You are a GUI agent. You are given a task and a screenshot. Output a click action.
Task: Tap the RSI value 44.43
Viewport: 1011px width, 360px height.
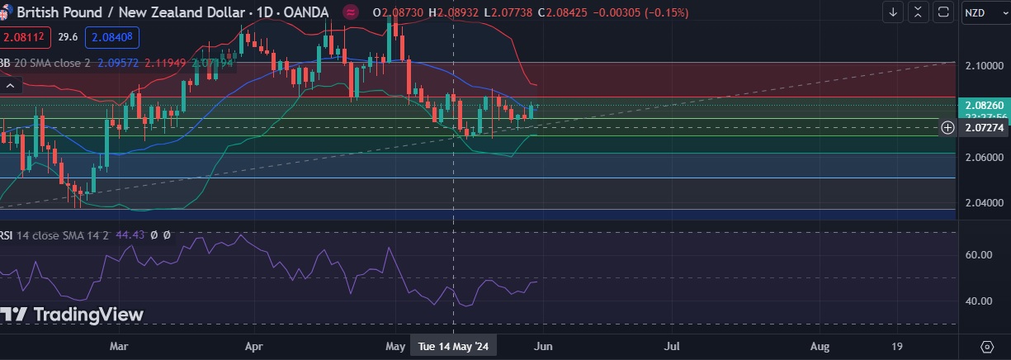click(x=130, y=235)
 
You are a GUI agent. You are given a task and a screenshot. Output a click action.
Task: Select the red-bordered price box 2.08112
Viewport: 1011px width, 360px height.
click(x=26, y=37)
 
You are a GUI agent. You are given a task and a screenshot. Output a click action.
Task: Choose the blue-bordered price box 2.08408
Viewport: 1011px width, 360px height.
click(x=115, y=37)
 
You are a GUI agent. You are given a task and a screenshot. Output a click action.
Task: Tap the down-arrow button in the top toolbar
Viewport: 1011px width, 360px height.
click(x=893, y=12)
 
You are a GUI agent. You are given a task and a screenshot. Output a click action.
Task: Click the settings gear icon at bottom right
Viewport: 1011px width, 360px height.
click(x=987, y=346)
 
